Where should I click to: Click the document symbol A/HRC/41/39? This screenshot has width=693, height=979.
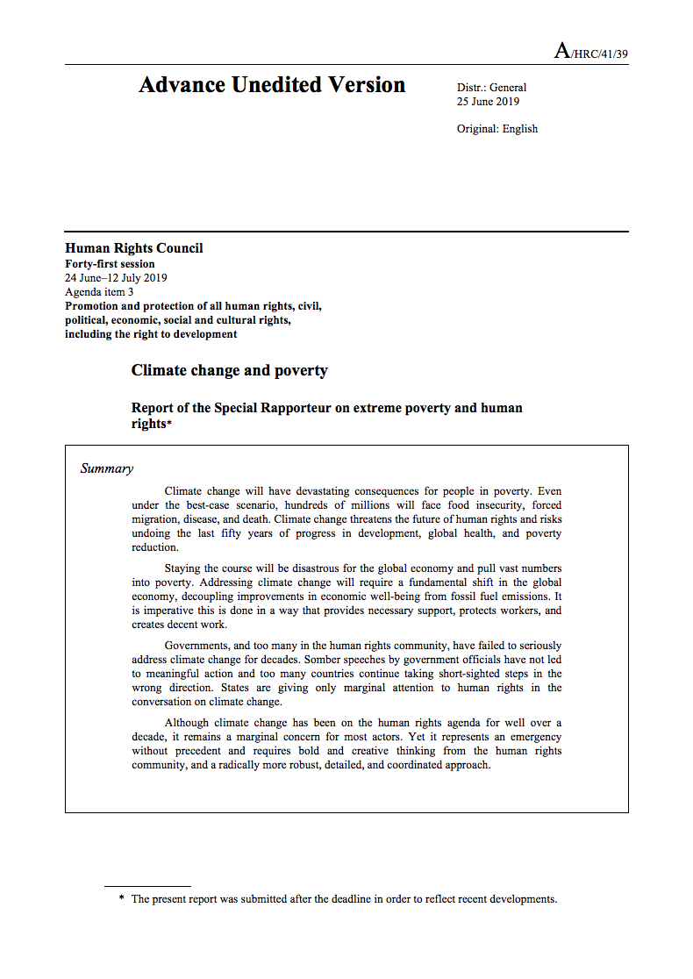click(590, 52)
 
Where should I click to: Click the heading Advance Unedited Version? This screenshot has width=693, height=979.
click(272, 85)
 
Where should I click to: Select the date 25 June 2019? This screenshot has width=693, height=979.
click(488, 101)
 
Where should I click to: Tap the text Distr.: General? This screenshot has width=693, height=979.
click(491, 87)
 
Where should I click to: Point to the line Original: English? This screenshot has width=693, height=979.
click(497, 129)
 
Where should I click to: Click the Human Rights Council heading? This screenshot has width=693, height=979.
click(134, 248)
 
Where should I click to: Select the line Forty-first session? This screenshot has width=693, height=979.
click(110, 264)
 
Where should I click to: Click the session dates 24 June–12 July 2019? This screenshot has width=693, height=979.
click(116, 278)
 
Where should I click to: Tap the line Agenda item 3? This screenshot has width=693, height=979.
click(99, 292)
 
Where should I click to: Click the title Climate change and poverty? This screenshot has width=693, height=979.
click(229, 370)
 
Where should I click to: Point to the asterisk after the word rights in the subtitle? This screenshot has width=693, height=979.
click(169, 425)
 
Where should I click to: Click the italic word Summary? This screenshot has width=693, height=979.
click(107, 468)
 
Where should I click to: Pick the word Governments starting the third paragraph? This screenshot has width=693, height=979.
click(200, 646)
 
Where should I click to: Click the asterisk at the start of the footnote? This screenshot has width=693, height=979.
click(121, 899)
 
